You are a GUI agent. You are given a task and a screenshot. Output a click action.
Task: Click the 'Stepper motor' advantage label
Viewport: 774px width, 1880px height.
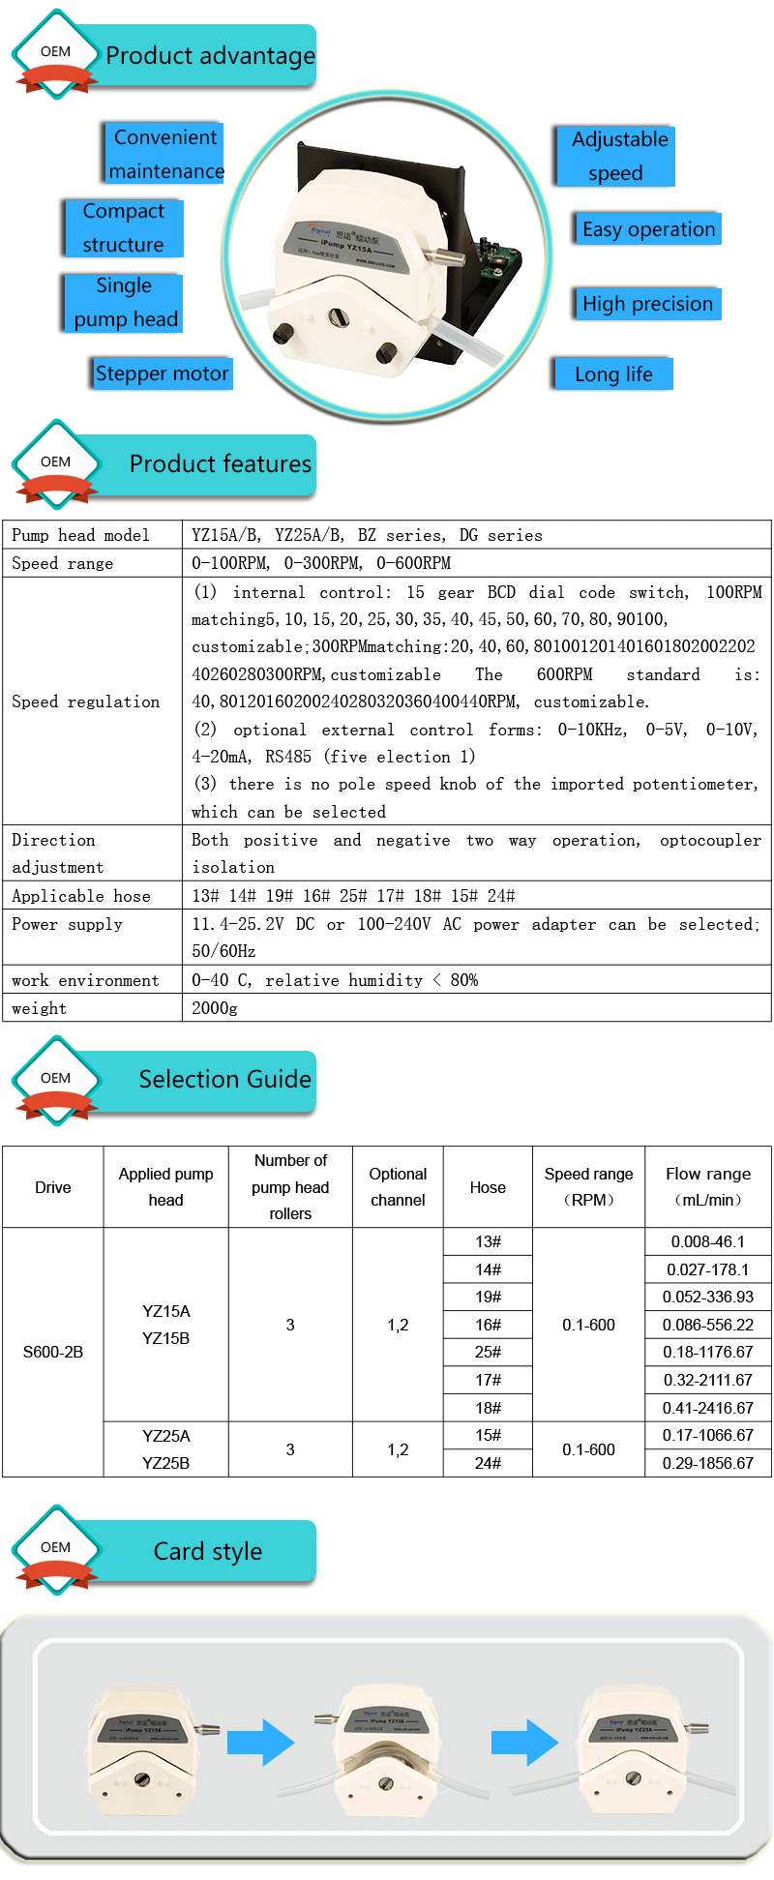(163, 373)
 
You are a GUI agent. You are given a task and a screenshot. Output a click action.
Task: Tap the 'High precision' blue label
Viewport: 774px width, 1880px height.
(647, 304)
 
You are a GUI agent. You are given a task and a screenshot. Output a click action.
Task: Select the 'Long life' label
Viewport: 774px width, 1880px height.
(613, 374)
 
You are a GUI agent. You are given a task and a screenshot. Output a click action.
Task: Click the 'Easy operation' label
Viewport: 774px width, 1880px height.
(648, 229)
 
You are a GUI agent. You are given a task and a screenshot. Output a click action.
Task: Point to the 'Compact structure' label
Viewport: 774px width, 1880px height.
(123, 227)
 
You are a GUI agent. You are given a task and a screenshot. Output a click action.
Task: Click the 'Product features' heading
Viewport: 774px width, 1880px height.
(221, 464)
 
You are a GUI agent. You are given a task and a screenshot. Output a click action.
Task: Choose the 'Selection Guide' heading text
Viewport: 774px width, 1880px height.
(224, 1080)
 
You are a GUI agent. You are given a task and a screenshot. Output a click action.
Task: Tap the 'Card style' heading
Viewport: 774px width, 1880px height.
(208, 1552)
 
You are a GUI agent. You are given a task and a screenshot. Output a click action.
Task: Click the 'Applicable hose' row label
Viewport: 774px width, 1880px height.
(81, 896)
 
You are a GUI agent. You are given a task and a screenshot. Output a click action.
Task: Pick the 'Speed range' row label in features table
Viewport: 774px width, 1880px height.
(63, 563)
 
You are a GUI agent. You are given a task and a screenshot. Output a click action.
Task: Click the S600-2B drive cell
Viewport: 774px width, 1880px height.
(53, 1352)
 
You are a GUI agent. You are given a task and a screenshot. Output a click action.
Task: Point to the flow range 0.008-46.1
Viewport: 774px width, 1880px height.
(708, 1241)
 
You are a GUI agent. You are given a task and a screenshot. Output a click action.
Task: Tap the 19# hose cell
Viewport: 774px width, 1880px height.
(488, 1297)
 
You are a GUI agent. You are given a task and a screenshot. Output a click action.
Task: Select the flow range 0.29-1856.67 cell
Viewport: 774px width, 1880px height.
(708, 1463)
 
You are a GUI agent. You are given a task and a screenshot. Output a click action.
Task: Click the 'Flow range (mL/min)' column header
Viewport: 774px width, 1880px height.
(708, 1186)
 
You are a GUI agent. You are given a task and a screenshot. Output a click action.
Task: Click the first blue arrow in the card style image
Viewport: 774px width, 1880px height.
(260, 1743)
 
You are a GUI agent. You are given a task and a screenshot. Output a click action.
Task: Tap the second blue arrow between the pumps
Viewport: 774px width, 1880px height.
(524, 1743)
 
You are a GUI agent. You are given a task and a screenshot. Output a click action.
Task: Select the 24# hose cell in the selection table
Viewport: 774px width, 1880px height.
(488, 1463)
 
